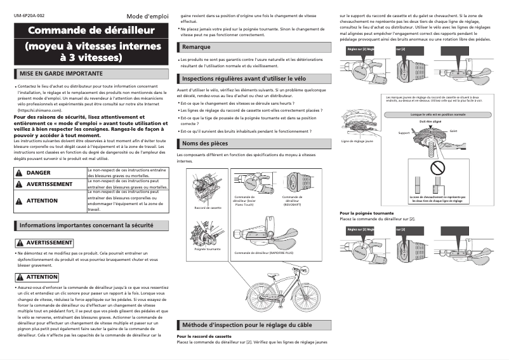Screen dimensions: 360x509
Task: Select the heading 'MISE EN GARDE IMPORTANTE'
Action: (61, 74)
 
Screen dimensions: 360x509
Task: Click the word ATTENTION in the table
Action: (42, 201)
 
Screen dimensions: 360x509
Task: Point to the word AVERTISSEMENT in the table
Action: (49, 184)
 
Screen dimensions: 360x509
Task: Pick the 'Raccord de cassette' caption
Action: (208, 208)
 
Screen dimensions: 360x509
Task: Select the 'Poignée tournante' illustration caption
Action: (208, 249)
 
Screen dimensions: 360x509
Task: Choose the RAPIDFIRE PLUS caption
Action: (264, 253)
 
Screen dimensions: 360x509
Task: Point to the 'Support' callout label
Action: (404, 133)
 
